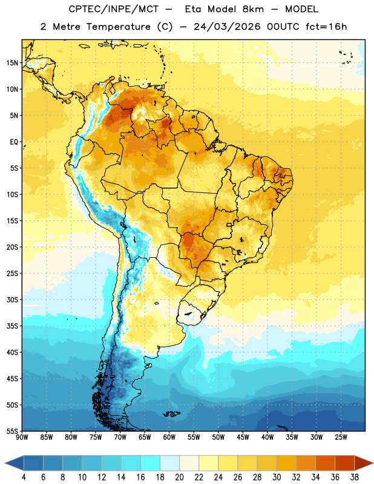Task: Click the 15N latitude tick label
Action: point(12,63)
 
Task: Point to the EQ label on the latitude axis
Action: point(14,142)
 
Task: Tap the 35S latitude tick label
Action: point(12,326)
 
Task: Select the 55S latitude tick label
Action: point(12,431)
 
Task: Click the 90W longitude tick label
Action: point(22,437)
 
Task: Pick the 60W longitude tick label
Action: point(169,437)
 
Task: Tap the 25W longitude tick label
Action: point(341,437)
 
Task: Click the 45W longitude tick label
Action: point(243,437)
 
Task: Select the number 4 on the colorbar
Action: point(24,477)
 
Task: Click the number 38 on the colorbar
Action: point(354,477)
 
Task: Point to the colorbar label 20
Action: point(179,477)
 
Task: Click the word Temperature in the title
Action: point(119,27)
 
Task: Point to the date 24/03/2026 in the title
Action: point(228,27)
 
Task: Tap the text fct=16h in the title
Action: point(326,27)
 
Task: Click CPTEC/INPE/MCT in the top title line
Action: point(114,9)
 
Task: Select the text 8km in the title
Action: point(254,9)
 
